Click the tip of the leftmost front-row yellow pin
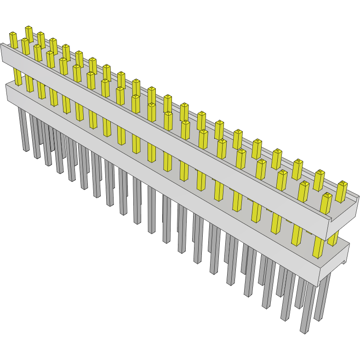(x=13, y=34)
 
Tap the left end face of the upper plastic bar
(x=2, y=53)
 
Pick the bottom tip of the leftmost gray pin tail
(x=26, y=149)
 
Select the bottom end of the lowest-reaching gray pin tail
(x=304, y=331)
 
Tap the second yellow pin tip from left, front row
(x=25, y=40)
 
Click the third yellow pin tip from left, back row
(x=53, y=40)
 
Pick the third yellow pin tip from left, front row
(x=37, y=46)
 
